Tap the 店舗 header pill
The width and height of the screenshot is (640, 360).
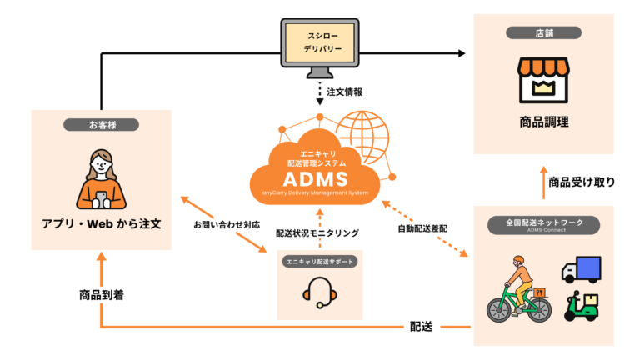pos(543,33)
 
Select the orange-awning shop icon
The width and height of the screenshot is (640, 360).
pos(543,80)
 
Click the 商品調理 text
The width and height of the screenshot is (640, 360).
pos(543,122)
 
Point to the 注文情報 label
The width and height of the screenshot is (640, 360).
pos(344,92)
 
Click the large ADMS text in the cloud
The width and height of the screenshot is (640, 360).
pos(316,179)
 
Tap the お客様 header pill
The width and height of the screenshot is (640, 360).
pos(101,125)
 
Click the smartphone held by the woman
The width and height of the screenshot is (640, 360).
pos(101,200)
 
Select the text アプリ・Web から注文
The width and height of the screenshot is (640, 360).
pos(102,223)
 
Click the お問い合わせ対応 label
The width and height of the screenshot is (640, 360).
pos(227,224)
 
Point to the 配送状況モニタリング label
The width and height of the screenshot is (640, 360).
pos(317,233)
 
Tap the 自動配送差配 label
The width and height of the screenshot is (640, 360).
pos(422,228)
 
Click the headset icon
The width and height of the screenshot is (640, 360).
pos(320,292)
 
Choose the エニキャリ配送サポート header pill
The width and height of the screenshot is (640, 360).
pos(320,262)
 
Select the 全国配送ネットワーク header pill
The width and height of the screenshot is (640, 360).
pos(543,225)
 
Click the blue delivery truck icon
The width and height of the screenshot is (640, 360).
pos(581,269)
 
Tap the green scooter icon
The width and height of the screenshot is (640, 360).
pos(581,306)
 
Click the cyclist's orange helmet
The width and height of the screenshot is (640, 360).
pos(518,260)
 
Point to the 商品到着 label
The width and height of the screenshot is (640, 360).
pos(102,295)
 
